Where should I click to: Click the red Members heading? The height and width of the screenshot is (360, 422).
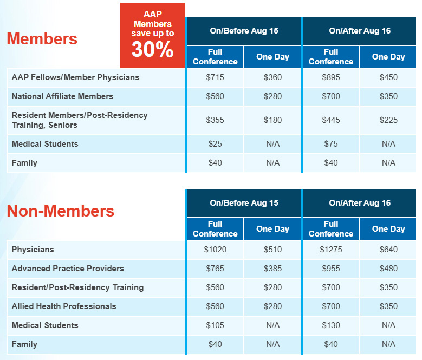point(42,39)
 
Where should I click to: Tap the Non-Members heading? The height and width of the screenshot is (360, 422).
point(60,211)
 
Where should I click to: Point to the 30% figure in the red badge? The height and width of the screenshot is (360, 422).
point(152,49)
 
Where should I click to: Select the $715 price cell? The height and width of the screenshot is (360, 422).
point(215,77)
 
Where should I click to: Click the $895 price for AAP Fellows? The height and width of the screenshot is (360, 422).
point(331,77)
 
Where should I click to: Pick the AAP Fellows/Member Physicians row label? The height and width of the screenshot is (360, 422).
point(75,77)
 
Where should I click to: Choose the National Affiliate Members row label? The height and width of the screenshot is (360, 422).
point(62,96)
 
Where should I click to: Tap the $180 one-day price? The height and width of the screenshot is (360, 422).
point(272,120)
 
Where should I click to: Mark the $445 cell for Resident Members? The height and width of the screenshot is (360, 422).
point(331,120)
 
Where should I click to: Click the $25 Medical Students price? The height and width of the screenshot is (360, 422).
point(215,144)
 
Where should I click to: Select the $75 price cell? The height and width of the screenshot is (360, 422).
point(331,144)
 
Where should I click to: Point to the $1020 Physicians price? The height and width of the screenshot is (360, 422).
point(215,250)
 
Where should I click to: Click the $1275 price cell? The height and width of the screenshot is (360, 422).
point(331,250)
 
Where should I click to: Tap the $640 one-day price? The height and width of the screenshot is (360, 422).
point(388,250)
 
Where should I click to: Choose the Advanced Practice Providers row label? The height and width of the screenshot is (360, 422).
point(68,269)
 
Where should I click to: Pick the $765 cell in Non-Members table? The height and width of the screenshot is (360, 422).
point(215,269)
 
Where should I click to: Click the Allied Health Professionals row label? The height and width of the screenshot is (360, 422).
point(64,306)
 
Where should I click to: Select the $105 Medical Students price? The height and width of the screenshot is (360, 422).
point(215,325)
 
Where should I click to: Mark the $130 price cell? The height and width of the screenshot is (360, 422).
point(331,325)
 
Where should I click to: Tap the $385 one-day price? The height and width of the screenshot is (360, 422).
point(272,269)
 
